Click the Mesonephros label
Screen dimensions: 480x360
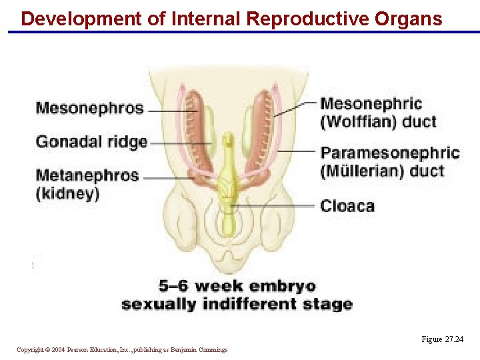[89, 108]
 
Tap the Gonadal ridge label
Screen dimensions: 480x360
[91, 141]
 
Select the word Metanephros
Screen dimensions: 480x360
[87, 176]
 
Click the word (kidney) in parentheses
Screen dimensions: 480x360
[67, 193]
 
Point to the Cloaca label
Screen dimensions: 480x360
[347, 206]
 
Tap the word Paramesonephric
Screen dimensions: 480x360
[390, 153]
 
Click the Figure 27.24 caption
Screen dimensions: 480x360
[442, 339]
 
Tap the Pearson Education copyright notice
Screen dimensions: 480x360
[122, 349]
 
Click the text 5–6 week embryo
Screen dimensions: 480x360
[237, 287]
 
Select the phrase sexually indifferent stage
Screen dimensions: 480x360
[237, 305]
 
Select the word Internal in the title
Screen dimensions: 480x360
[206, 19]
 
